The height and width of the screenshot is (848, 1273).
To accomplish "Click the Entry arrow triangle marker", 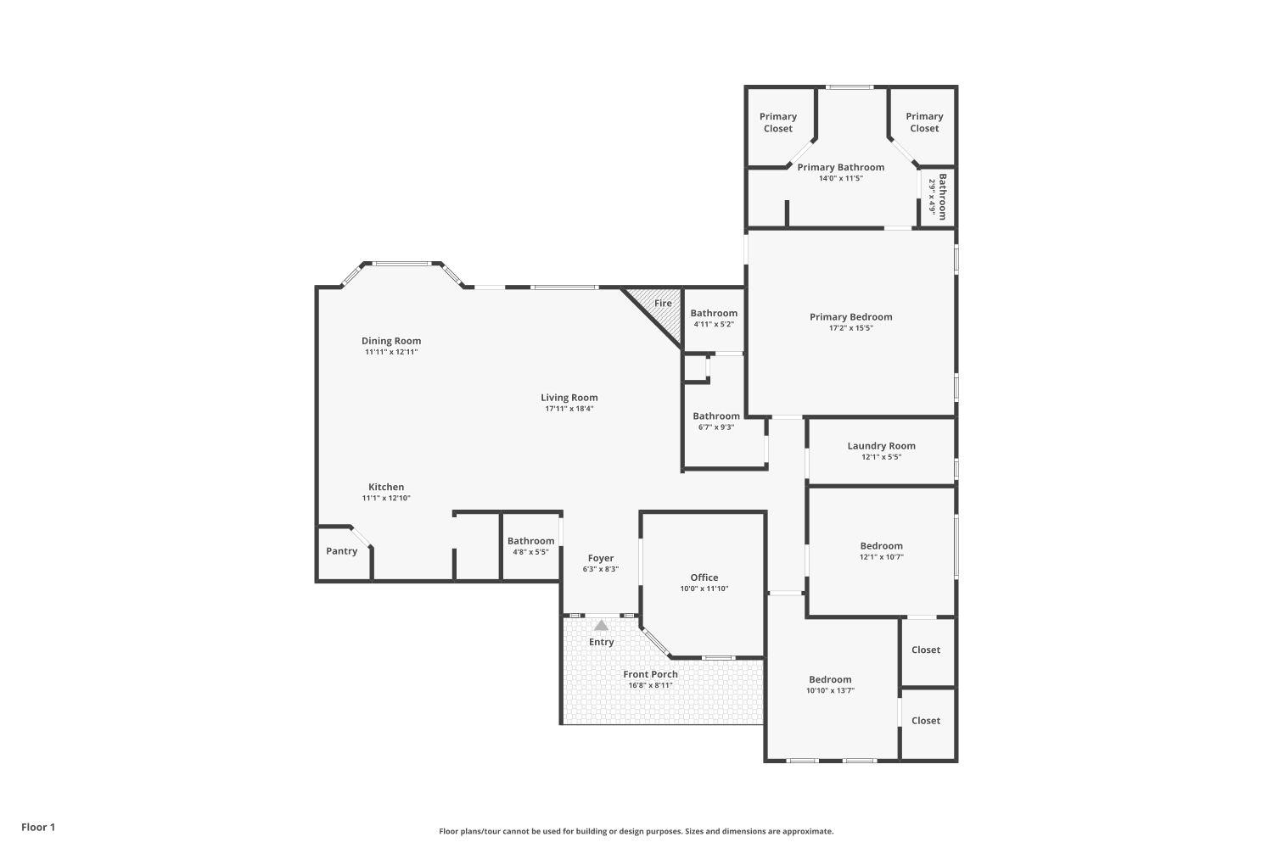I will tap(601, 626).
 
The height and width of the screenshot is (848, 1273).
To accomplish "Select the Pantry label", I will tap(342, 551).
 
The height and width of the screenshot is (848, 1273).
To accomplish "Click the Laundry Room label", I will tap(881, 446).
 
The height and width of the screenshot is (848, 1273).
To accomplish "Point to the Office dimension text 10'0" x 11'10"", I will tap(704, 589).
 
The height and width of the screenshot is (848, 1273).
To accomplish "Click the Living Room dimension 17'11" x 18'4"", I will tap(569, 409).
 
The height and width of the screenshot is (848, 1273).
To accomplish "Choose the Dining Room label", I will tap(391, 341).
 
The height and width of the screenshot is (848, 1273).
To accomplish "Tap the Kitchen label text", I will tap(386, 487).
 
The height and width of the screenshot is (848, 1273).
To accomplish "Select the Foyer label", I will tap(601, 558).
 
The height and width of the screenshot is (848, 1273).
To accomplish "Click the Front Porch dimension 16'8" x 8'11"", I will tap(650, 685).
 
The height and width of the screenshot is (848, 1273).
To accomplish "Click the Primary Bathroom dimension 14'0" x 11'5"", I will tap(840, 178).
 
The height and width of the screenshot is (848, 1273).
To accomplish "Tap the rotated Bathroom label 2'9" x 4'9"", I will tap(937, 197).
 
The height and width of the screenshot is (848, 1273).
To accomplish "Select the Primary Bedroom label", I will tap(850, 317).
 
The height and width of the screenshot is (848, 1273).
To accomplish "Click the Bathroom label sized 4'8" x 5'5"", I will tap(530, 541).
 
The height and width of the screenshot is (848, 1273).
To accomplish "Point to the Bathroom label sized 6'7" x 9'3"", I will tap(716, 416).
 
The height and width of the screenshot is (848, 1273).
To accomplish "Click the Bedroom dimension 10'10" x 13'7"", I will tap(830, 690).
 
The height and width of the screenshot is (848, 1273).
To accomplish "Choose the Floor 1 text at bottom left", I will tap(38, 827).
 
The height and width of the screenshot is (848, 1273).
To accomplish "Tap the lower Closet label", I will tap(926, 721).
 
